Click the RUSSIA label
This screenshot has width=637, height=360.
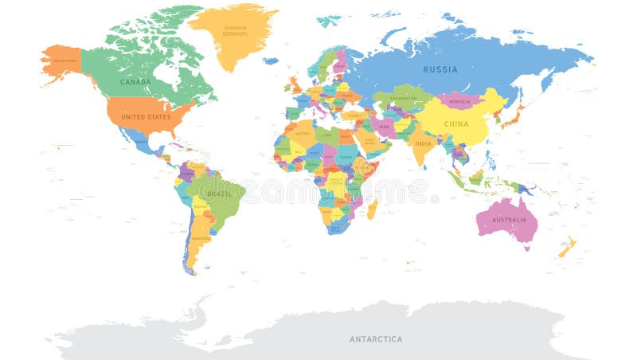tap(440, 69)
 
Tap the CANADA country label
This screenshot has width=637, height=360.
tap(135, 81)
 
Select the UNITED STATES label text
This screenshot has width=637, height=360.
tap(146, 117)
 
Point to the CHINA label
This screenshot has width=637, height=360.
tap(456, 124)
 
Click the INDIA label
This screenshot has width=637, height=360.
tap(423, 143)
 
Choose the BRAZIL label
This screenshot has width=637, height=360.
tap(220, 194)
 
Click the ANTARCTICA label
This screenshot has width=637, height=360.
tap(376, 339)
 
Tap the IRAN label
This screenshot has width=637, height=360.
tap(383, 126)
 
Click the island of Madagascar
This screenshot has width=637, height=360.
tap(371, 209)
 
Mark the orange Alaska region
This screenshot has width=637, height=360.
tap(62, 61)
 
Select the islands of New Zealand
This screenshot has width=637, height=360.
tap(567, 248)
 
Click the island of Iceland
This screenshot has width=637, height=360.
tap(271, 61)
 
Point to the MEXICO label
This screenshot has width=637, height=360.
tap(141, 143)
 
